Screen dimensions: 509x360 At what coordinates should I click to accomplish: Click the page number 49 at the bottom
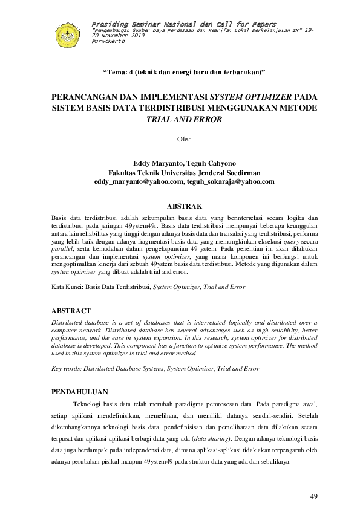click(313, 496)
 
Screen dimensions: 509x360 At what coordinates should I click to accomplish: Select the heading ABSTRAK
click(184, 206)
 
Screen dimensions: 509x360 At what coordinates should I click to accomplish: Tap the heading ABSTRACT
click(71, 310)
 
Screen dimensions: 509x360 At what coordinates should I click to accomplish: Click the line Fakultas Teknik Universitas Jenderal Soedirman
click(184, 172)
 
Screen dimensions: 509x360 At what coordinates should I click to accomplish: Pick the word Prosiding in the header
click(106, 23)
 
